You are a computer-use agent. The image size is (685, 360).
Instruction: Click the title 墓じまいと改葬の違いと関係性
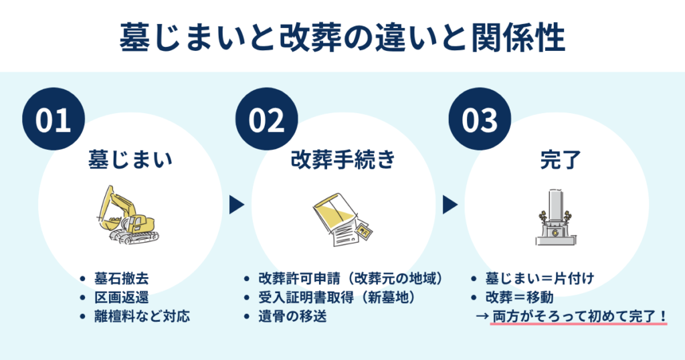tap(342, 38)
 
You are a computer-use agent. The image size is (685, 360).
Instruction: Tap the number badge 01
tap(54, 120)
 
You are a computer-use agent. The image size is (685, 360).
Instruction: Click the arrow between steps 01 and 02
tap(235, 205)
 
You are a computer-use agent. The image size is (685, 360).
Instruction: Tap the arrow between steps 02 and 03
tap(449, 205)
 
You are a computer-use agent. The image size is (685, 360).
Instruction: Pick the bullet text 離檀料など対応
tap(141, 316)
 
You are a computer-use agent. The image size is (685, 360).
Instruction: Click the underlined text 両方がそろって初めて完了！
tap(579, 316)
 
